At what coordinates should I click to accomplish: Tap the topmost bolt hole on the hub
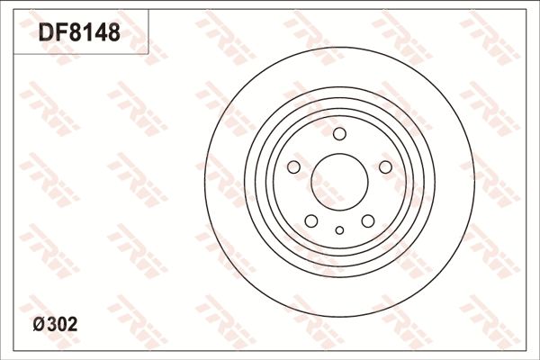[339, 135]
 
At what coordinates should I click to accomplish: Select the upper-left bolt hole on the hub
[293, 167]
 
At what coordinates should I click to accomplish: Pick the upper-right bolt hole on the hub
[385, 167]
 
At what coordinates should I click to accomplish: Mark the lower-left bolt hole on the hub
[311, 221]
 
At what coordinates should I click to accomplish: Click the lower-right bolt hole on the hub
[367, 221]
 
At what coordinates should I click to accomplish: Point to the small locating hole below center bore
[339, 230]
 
